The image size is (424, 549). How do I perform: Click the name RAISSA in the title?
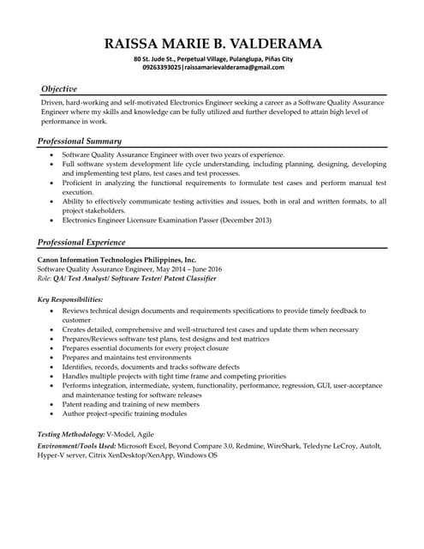(x=134, y=43)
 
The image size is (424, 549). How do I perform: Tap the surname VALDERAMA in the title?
(x=273, y=43)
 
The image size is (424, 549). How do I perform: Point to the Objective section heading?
(x=59, y=89)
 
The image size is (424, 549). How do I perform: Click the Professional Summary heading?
(x=81, y=141)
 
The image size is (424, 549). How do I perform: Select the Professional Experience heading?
(x=83, y=242)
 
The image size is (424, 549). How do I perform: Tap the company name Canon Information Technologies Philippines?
(x=117, y=259)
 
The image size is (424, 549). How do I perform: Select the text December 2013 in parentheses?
(x=244, y=220)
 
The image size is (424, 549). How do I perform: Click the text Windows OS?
(x=196, y=455)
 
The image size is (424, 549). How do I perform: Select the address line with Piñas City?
(x=212, y=58)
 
